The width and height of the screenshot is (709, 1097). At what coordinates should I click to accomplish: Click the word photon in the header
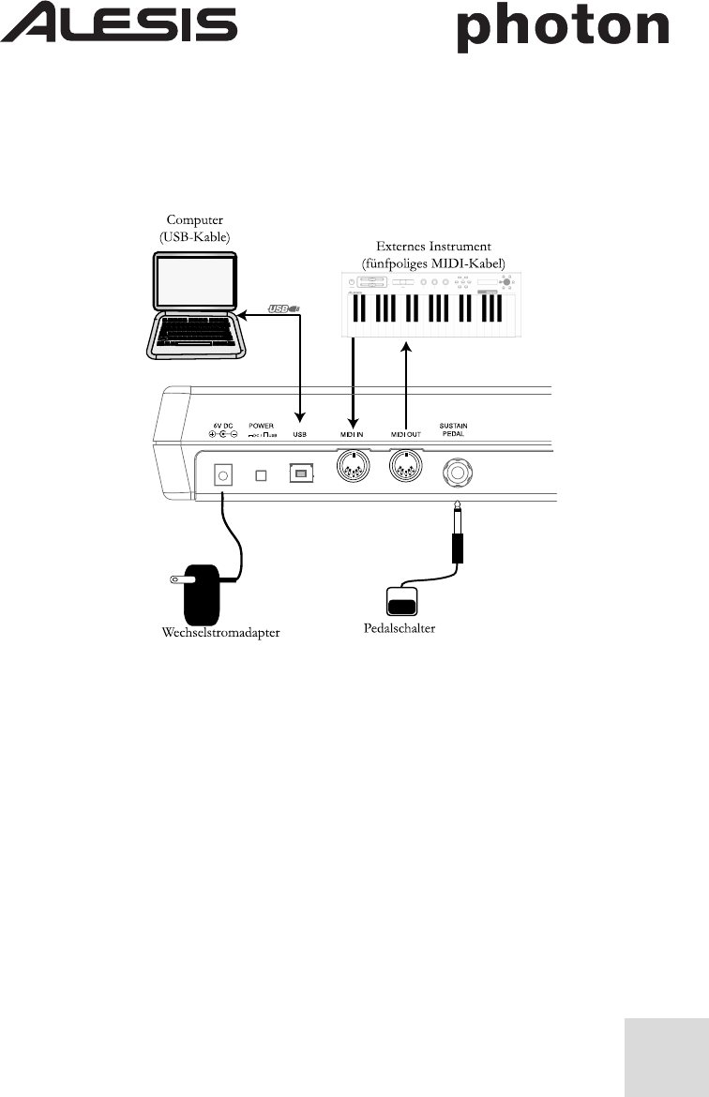coord(562,30)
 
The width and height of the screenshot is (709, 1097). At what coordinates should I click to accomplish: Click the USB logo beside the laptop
coord(282,308)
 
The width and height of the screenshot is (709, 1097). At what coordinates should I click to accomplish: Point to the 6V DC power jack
coord(223,475)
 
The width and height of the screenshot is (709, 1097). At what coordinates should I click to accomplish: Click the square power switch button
coord(262,475)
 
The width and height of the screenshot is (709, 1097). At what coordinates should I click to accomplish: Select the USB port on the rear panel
coord(300,475)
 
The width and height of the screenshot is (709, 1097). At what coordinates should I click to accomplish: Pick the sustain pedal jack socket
coord(456,474)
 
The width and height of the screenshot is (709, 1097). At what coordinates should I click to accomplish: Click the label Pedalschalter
coord(399,627)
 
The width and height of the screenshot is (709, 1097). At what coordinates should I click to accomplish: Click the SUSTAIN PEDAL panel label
coord(453,430)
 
